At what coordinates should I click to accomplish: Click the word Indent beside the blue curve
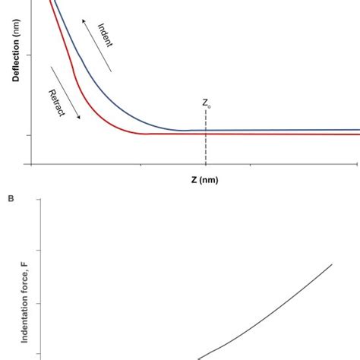[106, 35]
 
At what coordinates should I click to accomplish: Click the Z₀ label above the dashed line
[206, 103]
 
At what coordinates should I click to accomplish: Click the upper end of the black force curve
[332, 264]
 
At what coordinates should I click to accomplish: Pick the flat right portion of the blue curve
[289, 130]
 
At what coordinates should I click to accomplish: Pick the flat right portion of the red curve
[289, 134]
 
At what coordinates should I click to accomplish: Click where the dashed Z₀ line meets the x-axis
[205, 163]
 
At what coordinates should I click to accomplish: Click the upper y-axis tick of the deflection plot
[28, 55]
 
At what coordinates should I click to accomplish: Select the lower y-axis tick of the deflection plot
[28, 134]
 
